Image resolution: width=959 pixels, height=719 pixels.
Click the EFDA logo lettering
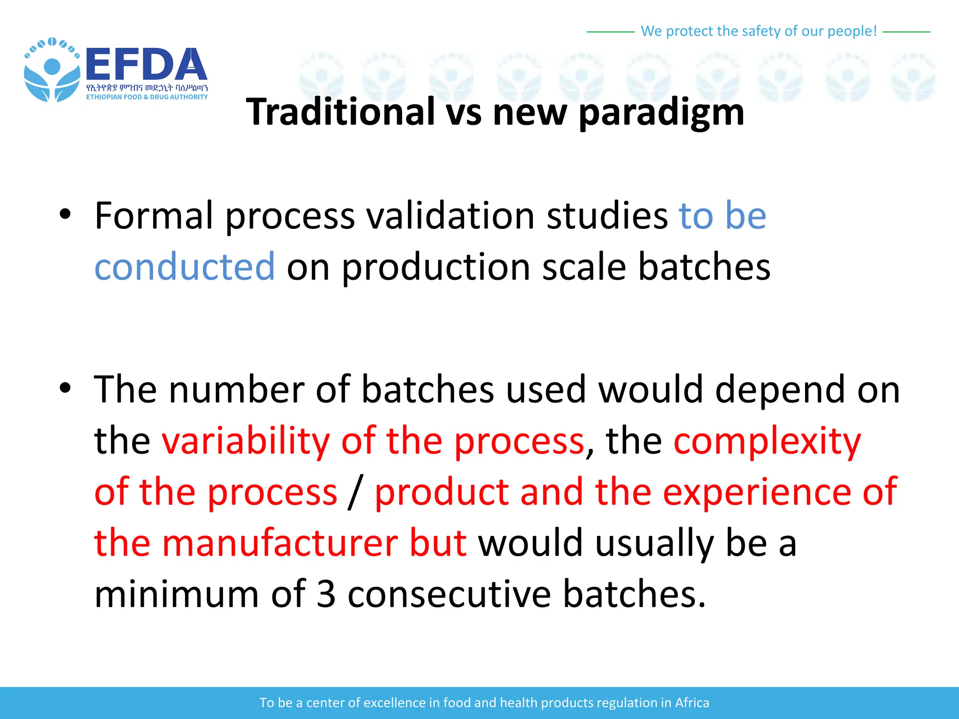[x=146, y=65]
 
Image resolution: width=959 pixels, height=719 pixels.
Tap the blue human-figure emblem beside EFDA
[x=52, y=70]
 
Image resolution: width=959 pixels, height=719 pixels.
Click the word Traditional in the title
[x=340, y=112]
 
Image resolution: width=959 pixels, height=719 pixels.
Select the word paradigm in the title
[x=661, y=113]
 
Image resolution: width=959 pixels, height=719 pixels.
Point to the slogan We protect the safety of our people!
[x=758, y=31]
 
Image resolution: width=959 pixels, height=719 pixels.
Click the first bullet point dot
[x=65, y=215]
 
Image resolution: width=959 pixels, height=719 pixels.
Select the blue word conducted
[x=184, y=266]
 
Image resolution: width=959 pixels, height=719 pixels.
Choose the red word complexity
[x=767, y=442]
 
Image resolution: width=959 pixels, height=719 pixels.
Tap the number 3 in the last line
[x=326, y=594]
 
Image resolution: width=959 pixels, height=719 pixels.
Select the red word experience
[x=756, y=492]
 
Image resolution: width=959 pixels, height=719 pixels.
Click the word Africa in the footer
[x=692, y=703]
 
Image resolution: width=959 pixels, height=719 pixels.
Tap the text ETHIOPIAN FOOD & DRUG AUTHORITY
[x=147, y=97]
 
